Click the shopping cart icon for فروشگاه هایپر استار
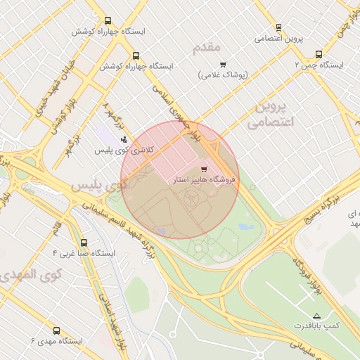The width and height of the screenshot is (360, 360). coord(204,169)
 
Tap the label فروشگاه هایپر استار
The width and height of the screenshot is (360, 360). coord(205,180)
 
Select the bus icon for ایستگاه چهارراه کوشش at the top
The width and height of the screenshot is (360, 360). coord(107,21)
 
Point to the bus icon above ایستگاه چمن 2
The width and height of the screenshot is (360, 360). coord(319,53)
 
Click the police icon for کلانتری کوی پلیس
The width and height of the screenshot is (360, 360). coord(124,139)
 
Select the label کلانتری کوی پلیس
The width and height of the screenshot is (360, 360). coord(124,150)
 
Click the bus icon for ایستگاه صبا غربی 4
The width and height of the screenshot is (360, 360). coord(84,242)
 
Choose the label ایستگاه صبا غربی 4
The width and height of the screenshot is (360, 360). coord(77,252)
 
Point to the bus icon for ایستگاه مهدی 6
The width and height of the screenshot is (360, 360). coord(56,330)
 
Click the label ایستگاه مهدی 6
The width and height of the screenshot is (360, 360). coord(56,341)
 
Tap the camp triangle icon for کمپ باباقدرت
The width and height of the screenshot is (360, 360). coord(316,316)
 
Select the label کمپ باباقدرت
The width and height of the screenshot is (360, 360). coord(316,327)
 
